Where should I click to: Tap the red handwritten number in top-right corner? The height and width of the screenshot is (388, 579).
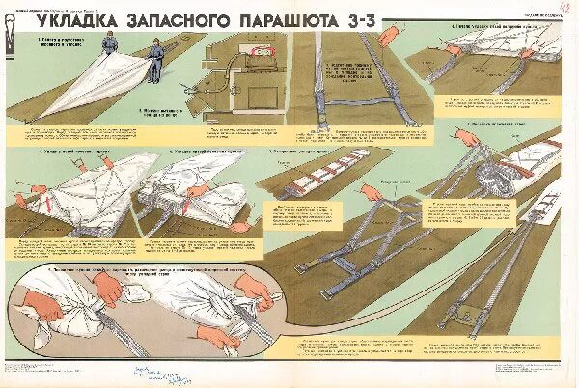point(564,8)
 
